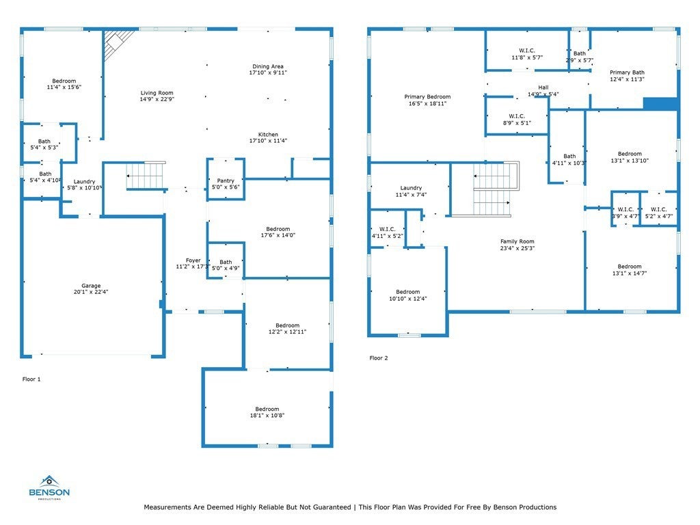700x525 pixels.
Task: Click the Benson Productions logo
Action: tap(49, 487)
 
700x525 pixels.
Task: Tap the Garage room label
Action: tap(91, 286)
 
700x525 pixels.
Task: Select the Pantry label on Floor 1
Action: tap(226, 180)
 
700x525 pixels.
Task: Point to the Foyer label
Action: tap(193, 260)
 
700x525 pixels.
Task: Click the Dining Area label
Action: tap(268, 66)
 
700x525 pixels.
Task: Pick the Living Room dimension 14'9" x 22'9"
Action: tap(157, 99)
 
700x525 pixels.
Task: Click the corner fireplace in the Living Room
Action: tap(117, 44)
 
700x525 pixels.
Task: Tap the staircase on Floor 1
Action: tap(146, 176)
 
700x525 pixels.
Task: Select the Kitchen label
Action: tap(268, 135)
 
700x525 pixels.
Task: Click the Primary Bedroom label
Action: tap(427, 96)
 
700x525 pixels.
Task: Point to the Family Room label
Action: tap(517, 241)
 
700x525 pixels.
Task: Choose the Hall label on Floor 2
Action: tap(543, 87)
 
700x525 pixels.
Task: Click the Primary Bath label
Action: tap(628, 72)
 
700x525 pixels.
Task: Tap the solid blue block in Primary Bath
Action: tap(661, 104)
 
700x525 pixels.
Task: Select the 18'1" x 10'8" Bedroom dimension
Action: tap(267, 416)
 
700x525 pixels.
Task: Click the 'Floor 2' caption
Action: tap(379, 358)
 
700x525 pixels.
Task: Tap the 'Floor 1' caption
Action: tap(31, 379)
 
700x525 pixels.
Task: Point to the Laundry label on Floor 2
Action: tap(411, 188)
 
